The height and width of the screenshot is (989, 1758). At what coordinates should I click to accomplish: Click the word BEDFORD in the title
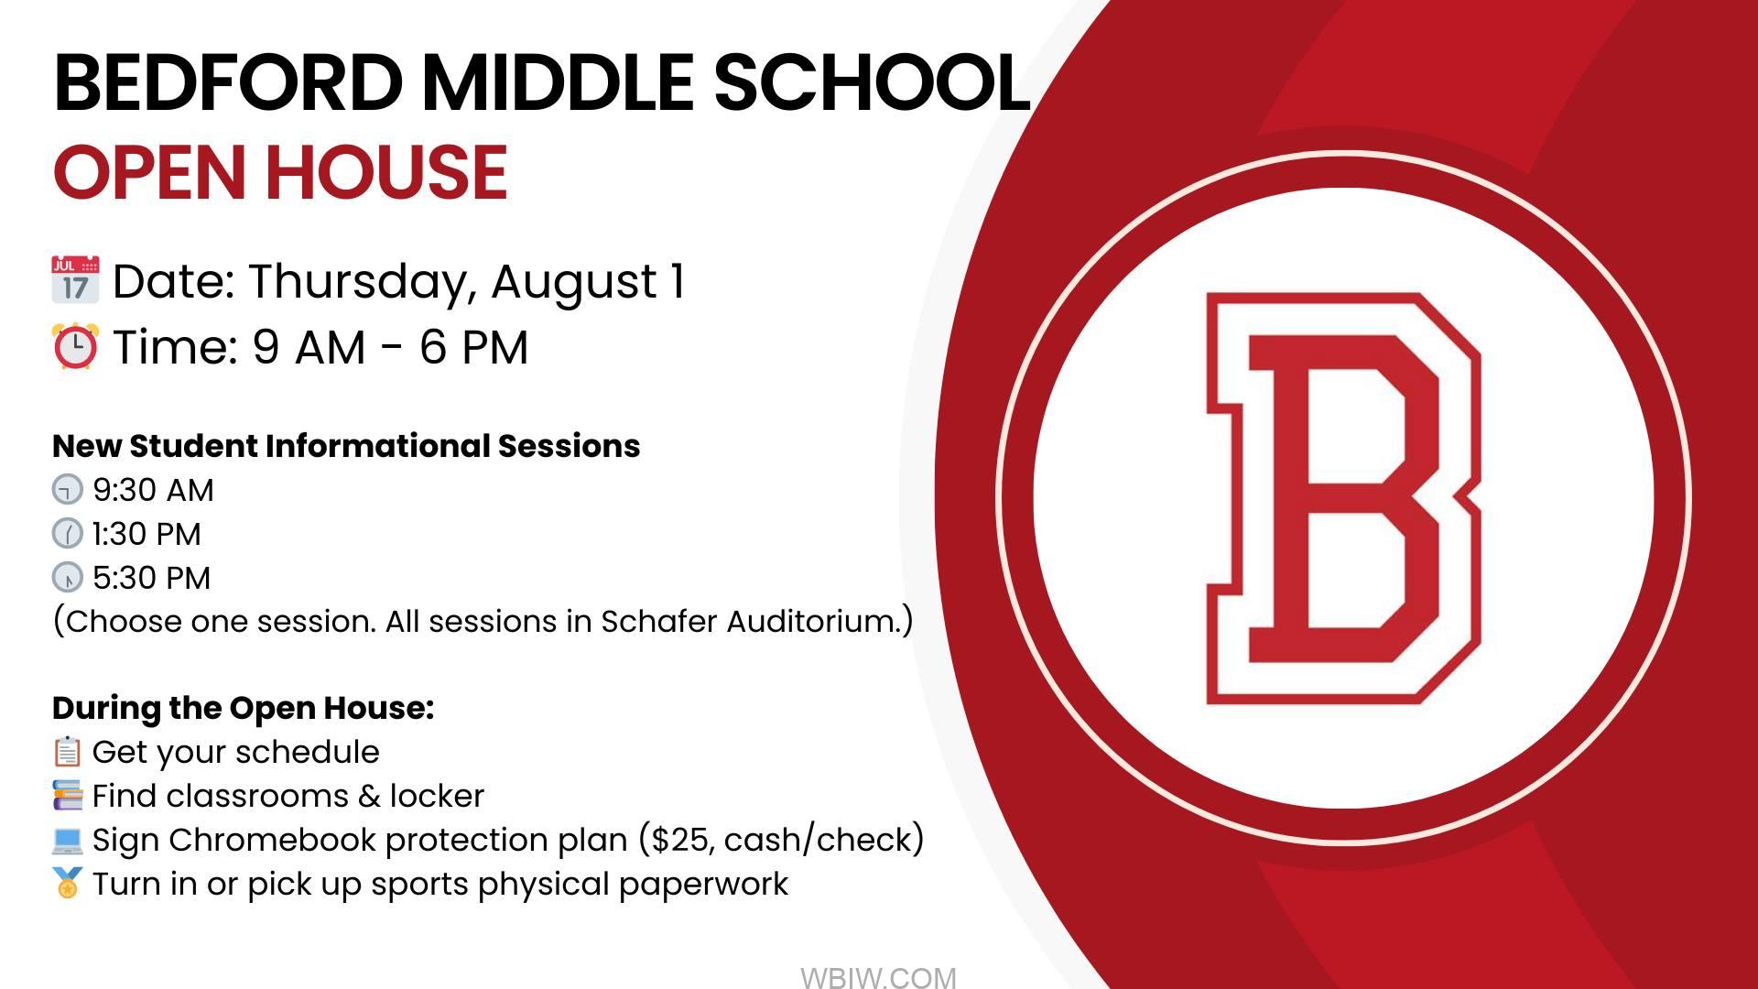(x=229, y=82)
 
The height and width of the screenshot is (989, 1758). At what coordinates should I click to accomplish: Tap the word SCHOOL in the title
(x=872, y=82)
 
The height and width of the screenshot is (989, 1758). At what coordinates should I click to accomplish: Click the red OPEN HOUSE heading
(x=280, y=172)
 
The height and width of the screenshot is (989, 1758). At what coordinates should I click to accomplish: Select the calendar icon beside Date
(x=75, y=279)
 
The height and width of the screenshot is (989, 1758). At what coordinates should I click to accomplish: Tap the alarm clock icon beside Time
(x=75, y=346)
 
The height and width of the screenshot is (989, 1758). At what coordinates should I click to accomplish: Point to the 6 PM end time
(x=474, y=347)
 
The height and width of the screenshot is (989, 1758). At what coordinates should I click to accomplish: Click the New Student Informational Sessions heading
(x=346, y=446)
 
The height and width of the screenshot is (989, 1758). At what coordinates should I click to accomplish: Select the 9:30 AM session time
(x=153, y=490)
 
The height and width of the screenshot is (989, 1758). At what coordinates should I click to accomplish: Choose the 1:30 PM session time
(x=146, y=534)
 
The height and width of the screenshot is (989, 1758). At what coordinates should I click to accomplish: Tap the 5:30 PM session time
(x=152, y=578)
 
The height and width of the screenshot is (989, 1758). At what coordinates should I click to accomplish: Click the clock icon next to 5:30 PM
(x=68, y=577)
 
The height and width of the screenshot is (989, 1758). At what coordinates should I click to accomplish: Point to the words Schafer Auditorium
(x=756, y=621)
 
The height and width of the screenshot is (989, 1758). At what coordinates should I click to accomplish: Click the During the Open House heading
(x=243, y=708)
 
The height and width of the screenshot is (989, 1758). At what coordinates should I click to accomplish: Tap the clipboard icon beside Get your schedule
(x=68, y=752)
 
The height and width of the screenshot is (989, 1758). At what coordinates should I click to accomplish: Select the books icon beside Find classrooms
(x=68, y=795)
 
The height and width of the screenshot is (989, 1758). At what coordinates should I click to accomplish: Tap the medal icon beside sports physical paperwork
(x=68, y=883)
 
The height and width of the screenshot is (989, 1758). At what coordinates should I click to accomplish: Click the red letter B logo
(x=1343, y=498)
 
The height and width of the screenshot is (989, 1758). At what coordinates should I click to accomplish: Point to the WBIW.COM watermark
(x=878, y=978)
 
